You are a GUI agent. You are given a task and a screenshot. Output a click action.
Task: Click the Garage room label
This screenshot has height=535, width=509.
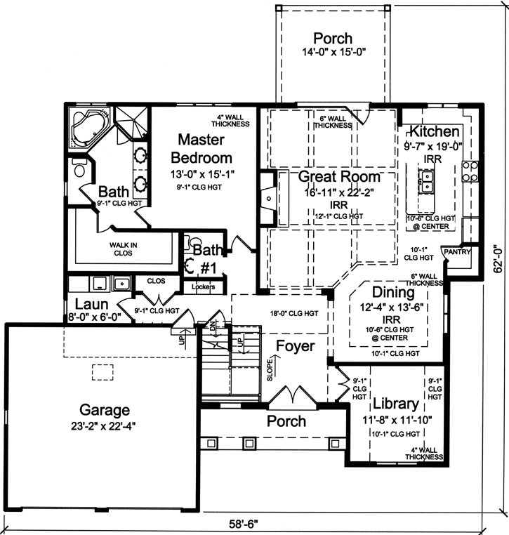tap(104, 409)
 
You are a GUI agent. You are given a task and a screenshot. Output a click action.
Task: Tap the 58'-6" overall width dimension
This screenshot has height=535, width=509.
tap(245, 524)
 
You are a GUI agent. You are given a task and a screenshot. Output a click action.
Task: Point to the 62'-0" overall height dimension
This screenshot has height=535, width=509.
tap(498, 258)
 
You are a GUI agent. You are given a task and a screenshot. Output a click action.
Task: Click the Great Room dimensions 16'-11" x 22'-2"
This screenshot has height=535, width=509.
tap(338, 191)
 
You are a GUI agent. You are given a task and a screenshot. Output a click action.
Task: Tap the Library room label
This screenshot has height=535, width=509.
tap(395, 404)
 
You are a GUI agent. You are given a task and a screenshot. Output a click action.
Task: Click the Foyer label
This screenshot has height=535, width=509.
tap(295, 346)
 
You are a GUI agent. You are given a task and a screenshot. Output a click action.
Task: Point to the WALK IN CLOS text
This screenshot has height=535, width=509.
tap(123, 249)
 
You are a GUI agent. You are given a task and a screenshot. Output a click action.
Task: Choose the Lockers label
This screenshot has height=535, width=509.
tap(203, 286)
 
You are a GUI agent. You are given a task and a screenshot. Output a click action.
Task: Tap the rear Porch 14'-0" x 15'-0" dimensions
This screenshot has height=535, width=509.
tap(332, 52)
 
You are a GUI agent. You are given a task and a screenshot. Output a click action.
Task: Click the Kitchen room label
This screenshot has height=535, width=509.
tap(435, 132)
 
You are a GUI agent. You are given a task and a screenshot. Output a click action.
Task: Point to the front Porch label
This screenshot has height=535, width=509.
tap(287, 421)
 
